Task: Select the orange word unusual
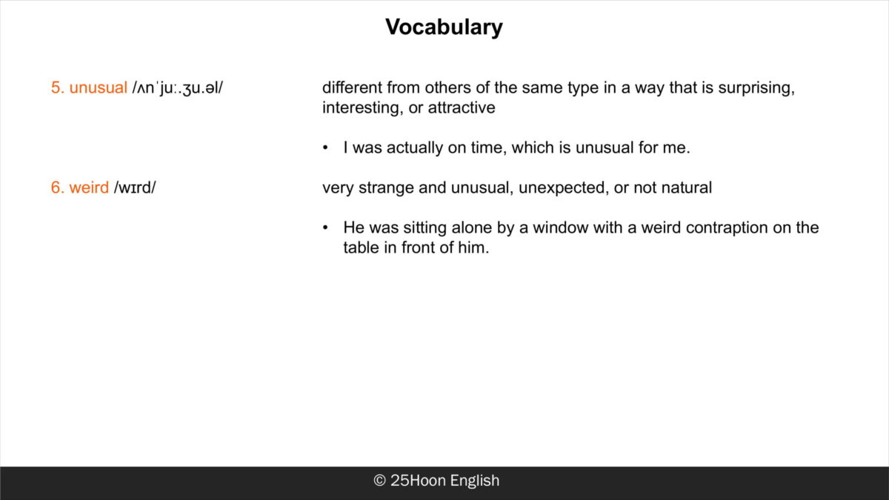tap(98, 87)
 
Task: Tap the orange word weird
tap(89, 187)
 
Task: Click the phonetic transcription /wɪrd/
tap(135, 187)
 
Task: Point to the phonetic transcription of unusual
tap(177, 88)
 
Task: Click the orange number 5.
tap(58, 87)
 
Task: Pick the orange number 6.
tap(58, 187)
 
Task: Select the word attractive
tap(462, 107)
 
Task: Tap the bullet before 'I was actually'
tap(325, 148)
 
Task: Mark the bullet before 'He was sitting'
tap(325, 228)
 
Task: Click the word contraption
tap(727, 228)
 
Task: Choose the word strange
tap(386, 188)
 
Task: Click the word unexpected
tap(564, 188)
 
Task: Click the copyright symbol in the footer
tap(380, 481)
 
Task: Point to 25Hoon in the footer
tap(419, 481)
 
